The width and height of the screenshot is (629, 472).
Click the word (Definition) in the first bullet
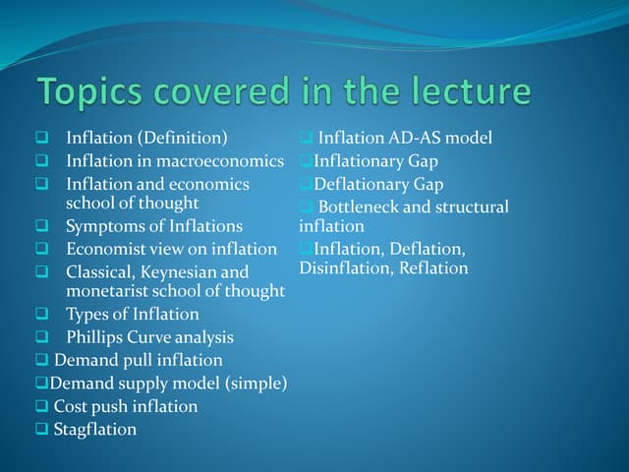coord(186,138)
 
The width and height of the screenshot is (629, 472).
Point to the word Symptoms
coord(104,226)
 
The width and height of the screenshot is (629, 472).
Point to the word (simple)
coord(253,383)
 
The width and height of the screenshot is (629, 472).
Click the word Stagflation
coord(94,429)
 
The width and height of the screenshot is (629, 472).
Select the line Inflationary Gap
coord(375,160)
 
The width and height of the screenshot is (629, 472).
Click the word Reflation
coord(433,268)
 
